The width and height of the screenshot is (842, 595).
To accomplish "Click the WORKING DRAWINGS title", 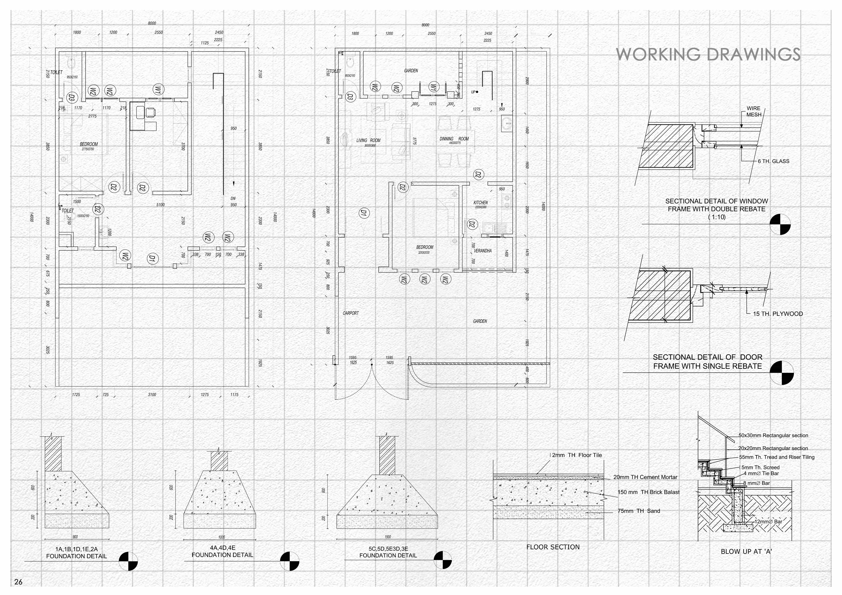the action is coord(708,54).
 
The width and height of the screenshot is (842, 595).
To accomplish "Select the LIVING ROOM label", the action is coord(368,140).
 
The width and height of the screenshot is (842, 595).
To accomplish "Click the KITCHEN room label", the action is coord(480,203).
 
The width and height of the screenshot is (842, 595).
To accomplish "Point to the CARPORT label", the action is coord(351,313).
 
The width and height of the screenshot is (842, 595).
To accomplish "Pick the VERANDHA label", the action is coord(483,251).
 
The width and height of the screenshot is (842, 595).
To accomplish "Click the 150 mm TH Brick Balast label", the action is coord(648,492).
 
